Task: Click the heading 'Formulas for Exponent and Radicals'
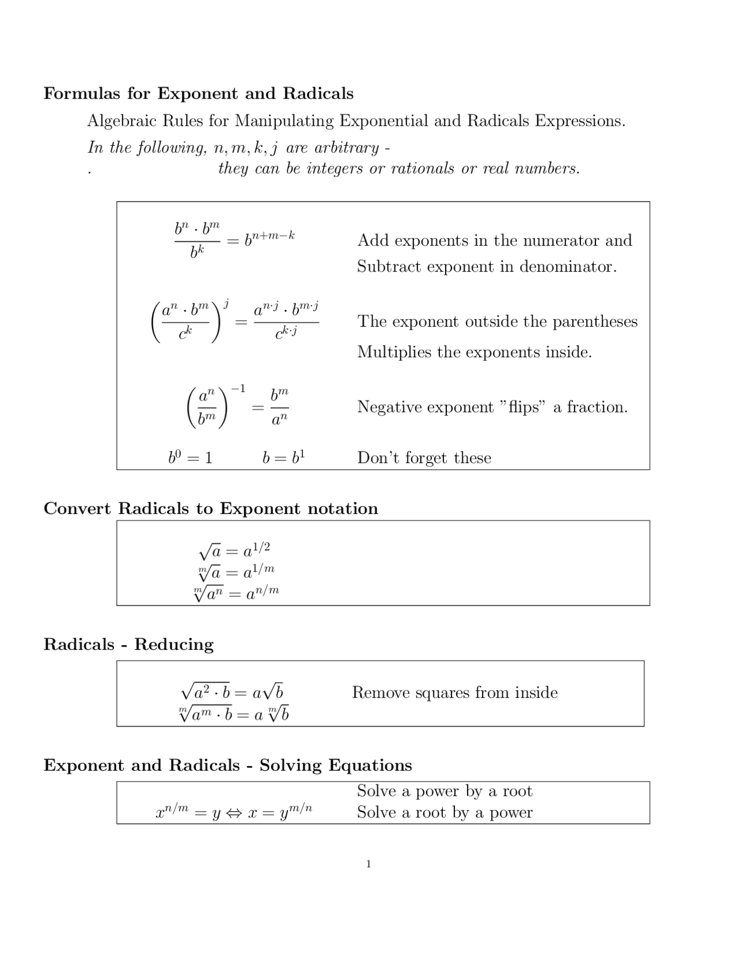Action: pos(199,93)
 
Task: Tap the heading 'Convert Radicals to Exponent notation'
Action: pos(211,508)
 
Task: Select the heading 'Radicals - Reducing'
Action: pos(128,644)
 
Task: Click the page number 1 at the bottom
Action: pos(368,864)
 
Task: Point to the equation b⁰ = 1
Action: pos(191,458)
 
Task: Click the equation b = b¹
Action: pos(283,458)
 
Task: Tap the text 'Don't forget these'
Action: pos(424,458)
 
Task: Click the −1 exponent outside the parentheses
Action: pos(238,389)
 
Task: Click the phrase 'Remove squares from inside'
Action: pos(455,692)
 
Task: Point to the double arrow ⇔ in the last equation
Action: pos(234,813)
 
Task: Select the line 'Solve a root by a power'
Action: pos(445,813)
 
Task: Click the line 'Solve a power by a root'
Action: pos(445,791)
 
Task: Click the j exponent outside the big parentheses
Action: pos(227,302)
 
